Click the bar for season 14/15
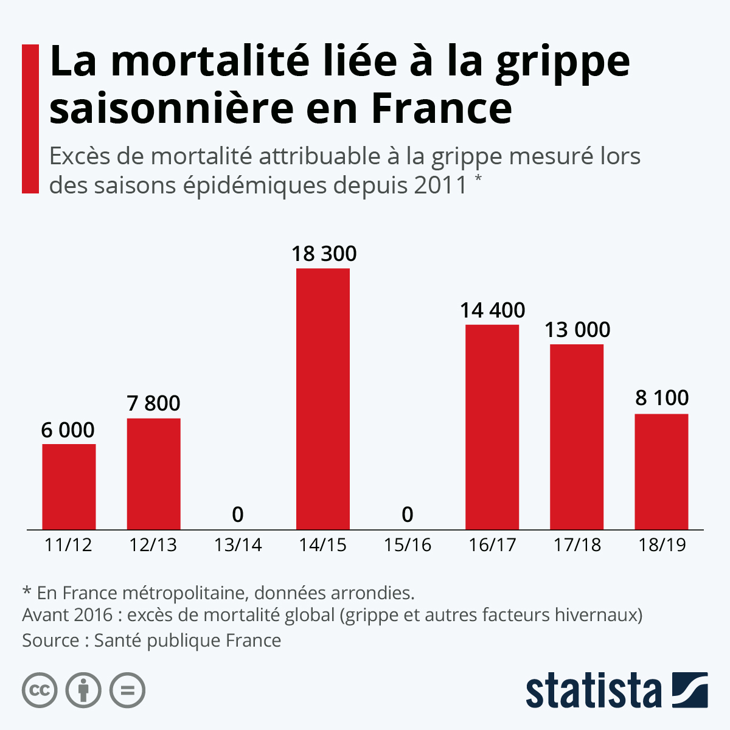coord(323,398)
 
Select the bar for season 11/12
coord(69,487)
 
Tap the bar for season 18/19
coord(661,471)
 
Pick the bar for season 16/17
coord(492,427)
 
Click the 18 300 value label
coord(324,253)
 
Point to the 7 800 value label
coord(153,403)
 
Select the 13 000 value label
coord(577,329)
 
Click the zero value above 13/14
coord(238,515)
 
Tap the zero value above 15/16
coord(408,515)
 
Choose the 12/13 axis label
coord(153,544)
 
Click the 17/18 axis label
coord(577,544)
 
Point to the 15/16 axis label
coord(408,544)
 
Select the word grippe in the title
coord(563,62)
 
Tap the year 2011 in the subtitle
coord(440,185)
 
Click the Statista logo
coord(616,690)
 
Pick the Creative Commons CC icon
coord(40,690)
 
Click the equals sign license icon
coord(127,690)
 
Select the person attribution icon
coord(83,690)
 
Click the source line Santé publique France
coord(151,641)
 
